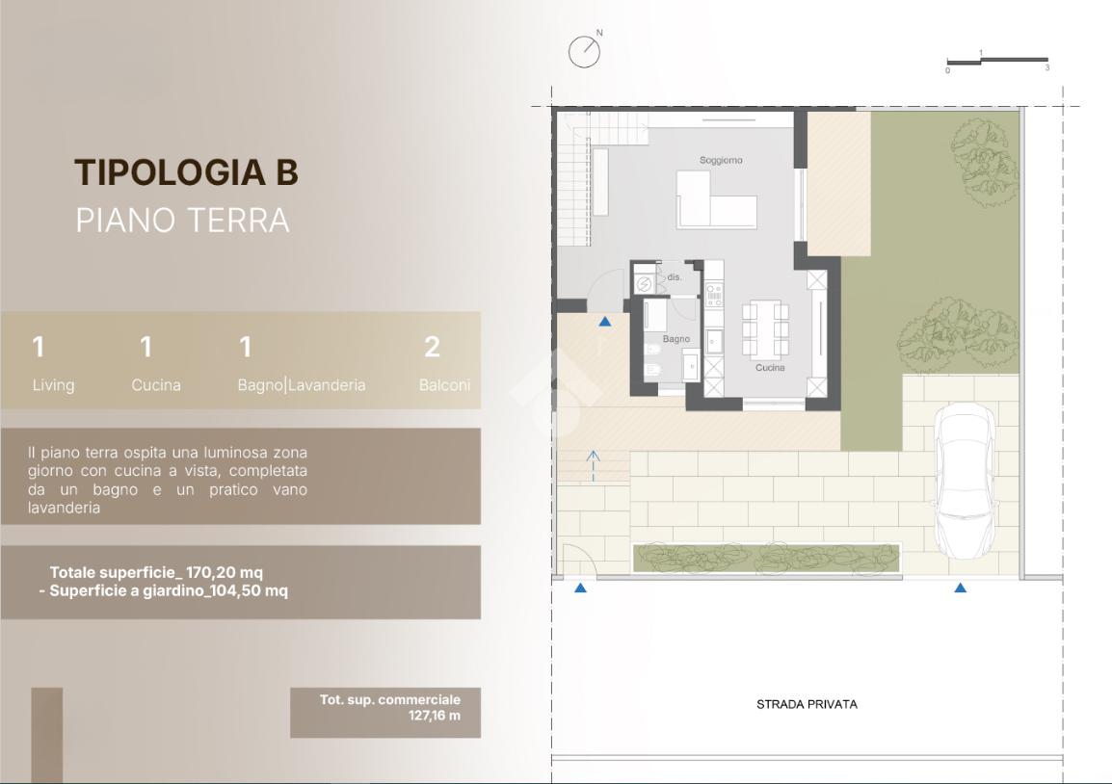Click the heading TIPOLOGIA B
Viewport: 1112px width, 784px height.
tap(186, 172)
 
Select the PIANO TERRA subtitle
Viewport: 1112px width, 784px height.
tap(183, 220)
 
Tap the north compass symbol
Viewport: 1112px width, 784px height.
tap(585, 50)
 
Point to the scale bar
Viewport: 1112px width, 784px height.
tap(997, 62)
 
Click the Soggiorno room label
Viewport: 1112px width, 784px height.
tap(721, 160)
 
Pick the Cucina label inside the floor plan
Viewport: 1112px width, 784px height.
tap(770, 367)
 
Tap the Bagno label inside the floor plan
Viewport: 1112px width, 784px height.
tap(675, 339)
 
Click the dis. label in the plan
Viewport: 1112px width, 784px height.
tap(674, 276)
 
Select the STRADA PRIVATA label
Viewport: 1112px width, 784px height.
tap(807, 704)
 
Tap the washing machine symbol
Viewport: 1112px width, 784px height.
tap(645, 284)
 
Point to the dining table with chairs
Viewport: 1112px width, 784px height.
tap(765, 328)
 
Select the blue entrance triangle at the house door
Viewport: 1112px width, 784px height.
tap(604, 322)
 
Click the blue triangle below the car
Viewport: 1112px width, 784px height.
tap(961, 588)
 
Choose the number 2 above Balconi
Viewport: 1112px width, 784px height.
tap(432, 347)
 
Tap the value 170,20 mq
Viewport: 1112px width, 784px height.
tap(225, 572)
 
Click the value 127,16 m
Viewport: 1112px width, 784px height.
tap(434, 716)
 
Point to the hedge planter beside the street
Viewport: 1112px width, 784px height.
tap(766, 558)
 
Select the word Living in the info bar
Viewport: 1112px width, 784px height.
tap(53, 385)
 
